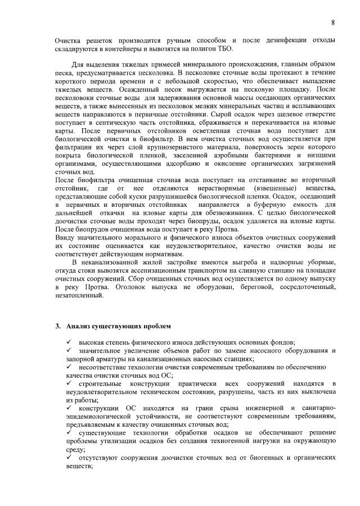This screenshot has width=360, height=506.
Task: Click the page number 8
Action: point(333,22)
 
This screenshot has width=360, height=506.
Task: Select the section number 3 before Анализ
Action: point(57,326)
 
